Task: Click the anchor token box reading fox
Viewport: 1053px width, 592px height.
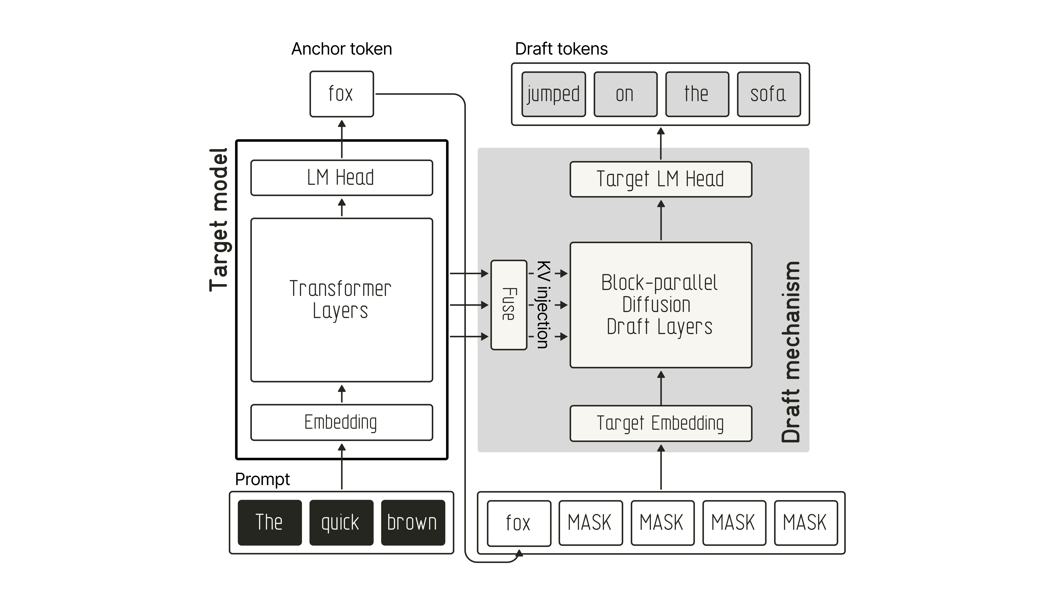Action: tap(342, 94)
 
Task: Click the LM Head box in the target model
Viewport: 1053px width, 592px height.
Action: tap(342, 178)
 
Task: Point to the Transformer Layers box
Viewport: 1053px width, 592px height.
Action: tap(342, 300)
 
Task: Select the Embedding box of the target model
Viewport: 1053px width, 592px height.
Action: tap(342, 422)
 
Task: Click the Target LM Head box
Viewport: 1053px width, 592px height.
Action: tap(661, 179)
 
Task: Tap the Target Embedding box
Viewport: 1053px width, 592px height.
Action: tap(661, 423)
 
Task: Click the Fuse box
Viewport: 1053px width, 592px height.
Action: tap(508, 305)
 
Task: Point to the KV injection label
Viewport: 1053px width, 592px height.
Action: tap(543, 305)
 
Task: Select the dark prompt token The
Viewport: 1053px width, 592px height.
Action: tap(270, 523)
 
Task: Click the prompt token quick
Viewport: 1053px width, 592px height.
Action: tap(341, 523)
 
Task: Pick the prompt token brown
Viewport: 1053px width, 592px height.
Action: tap(413, 523)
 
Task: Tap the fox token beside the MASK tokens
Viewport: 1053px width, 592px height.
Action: tap(519, 523)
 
